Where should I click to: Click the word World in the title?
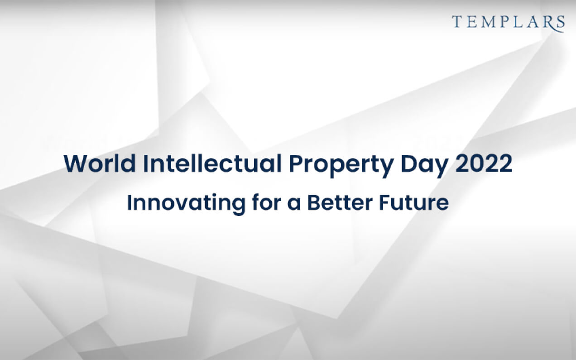[100, 163]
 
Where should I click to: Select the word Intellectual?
[212, 163]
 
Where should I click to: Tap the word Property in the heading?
[341, 166]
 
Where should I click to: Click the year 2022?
[484, 164]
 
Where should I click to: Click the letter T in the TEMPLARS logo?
[457, 22]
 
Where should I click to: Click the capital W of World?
[76, 164]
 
